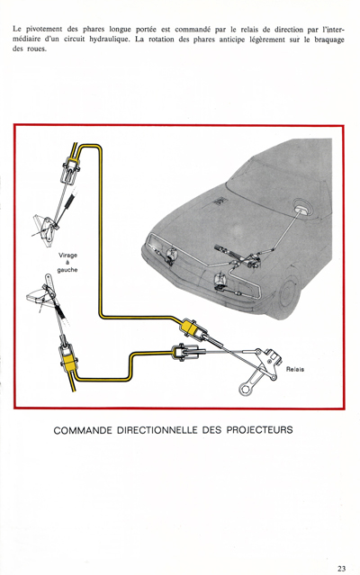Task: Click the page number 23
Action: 341,569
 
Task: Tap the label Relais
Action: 295,369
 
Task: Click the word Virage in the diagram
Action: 67,256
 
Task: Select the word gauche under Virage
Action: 67,270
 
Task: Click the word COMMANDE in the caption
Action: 83,430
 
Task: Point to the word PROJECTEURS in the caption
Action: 259,430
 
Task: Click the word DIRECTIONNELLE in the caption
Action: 157,430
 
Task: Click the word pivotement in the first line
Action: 43,30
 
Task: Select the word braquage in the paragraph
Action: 329,40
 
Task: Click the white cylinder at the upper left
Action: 71,168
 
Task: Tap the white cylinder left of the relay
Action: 184,352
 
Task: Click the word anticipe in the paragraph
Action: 231,40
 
